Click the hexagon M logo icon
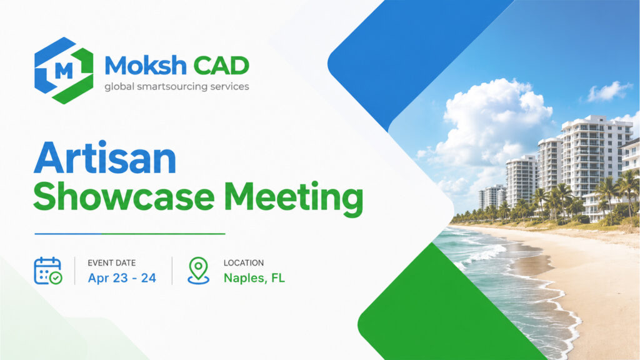pos(64,70)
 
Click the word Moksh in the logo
pos(146,66)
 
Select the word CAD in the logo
pos(221,66)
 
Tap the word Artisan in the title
pos(105,158)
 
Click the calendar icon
pos(47,271)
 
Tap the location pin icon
pos(198,270)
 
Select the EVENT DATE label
pos(111,263)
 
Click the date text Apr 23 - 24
pos(122,278)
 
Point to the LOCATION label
pos(244,263)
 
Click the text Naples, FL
pos(254,278)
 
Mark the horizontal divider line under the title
pos(130,234)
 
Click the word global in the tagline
pos(119,86)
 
